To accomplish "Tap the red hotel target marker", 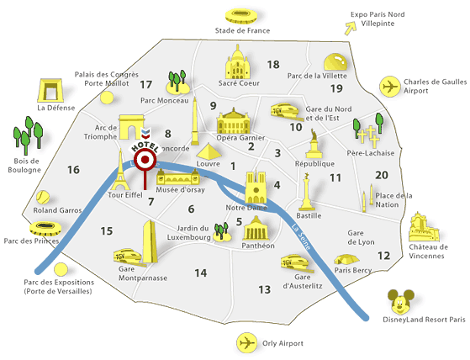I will click(145, 160).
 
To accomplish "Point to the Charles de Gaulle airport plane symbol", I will click(390, 87).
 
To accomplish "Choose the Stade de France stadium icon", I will click(236, 16).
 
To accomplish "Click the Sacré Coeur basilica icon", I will click(239, 65).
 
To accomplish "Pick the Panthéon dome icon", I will click(256, 228).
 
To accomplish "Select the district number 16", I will click(73, 170).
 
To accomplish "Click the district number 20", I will click(382, 175).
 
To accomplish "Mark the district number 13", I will click(265, 289).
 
